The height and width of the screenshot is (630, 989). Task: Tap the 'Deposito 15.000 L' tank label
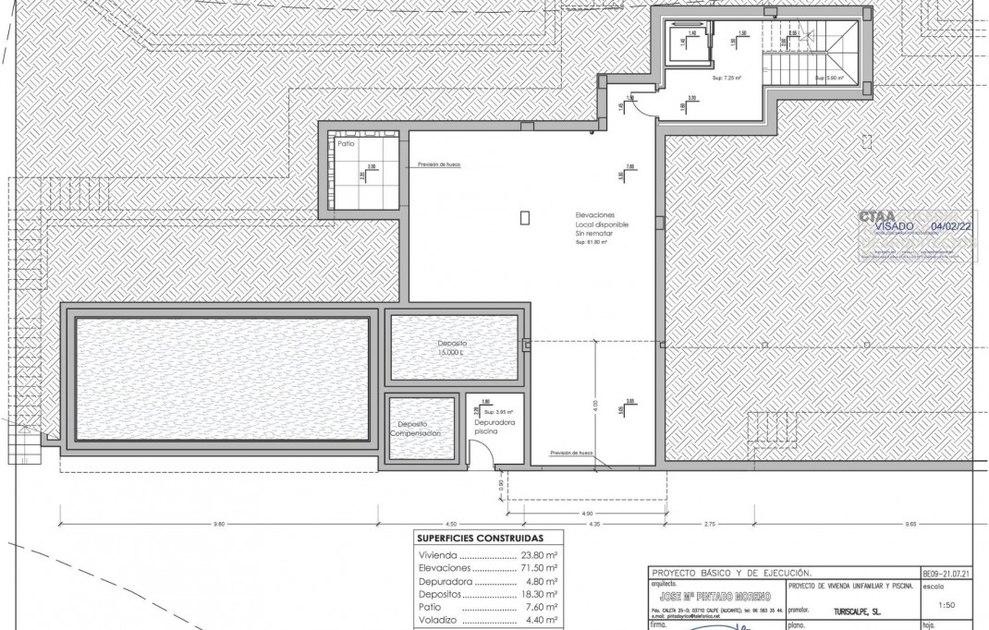coord(453,348)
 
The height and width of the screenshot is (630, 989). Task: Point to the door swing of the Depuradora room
coord(479,453)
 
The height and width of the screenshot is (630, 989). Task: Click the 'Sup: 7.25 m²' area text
coord(726,79)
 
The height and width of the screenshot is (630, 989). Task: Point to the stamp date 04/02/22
coord(952,225)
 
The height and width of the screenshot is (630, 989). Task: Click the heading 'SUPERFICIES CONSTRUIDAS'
coord(480,538)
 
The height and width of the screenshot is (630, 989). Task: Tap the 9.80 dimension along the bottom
coord(218,524)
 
